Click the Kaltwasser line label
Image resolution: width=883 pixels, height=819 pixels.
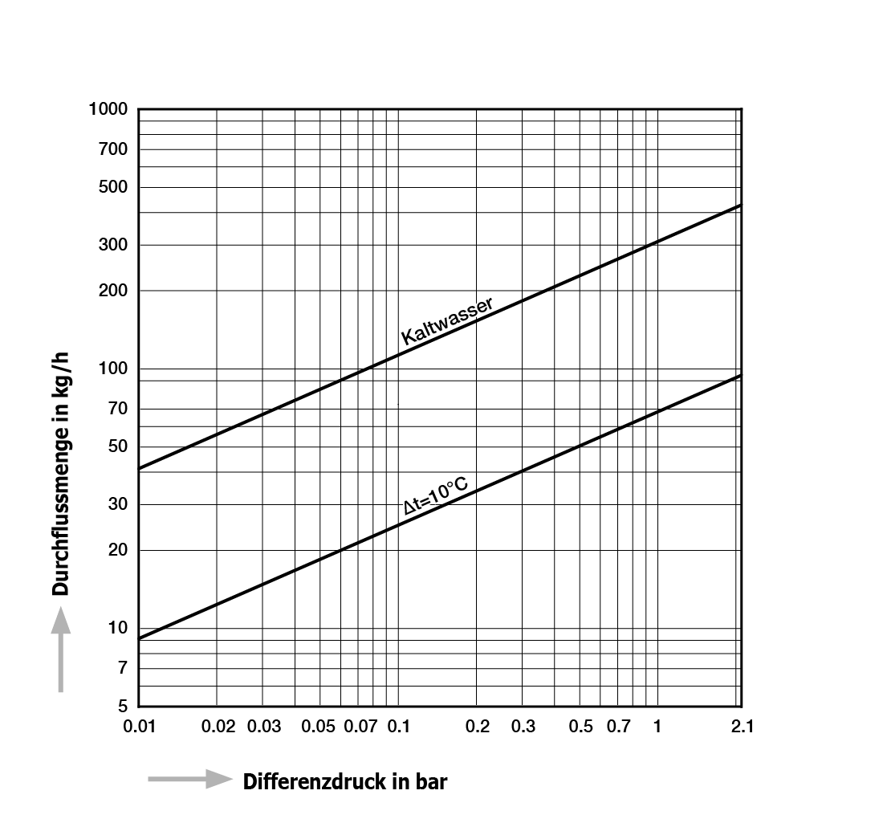click(447, 320)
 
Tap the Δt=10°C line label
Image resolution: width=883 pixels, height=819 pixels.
click(436, 495)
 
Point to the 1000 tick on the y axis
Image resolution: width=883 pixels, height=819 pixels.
click(108, 108)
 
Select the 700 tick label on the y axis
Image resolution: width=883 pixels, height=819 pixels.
click(113, 149)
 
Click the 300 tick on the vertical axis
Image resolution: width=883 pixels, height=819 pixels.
click(113, 244)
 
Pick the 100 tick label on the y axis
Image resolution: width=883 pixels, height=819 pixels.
click(113, 369)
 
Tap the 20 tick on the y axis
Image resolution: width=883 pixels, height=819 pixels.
click(118, 549)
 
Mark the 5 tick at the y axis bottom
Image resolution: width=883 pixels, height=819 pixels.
click(123, 705)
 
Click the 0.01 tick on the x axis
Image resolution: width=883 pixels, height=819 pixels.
click(139, 727)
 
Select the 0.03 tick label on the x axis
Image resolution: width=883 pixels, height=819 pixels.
click(263, 727)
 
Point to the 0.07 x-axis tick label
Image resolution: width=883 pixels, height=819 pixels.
click(360, 727)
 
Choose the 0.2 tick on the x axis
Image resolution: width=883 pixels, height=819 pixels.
click(478, 727)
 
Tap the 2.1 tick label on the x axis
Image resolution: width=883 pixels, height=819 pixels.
click(743, 727)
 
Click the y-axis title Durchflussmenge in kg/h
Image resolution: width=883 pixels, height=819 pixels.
click(60, 474)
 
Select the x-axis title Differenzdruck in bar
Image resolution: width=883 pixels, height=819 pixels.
click(345, 782)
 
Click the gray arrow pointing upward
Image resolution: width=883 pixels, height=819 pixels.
click(61, 649)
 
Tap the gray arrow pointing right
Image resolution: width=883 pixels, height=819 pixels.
click(190, 779)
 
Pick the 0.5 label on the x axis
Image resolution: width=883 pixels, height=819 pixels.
click(580, 727)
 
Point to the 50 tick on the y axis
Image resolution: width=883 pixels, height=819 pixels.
click(118, 446)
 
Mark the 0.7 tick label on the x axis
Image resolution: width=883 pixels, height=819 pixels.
click(618, 727)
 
